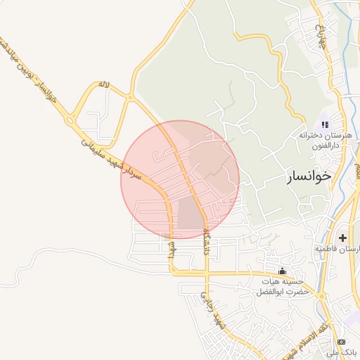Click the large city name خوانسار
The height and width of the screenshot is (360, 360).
click(308, 176)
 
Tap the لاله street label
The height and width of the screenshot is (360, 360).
click(104, 85)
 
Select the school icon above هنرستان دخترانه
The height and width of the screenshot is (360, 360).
click(325, 124)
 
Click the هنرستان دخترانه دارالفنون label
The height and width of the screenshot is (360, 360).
click(319, 139)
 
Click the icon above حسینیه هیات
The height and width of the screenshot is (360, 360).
click(283, 271)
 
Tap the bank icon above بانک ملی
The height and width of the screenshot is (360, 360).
click(342, 341)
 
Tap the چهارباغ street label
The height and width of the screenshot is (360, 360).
click(321, 35)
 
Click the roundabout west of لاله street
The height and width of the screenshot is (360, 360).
click(70, 120)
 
